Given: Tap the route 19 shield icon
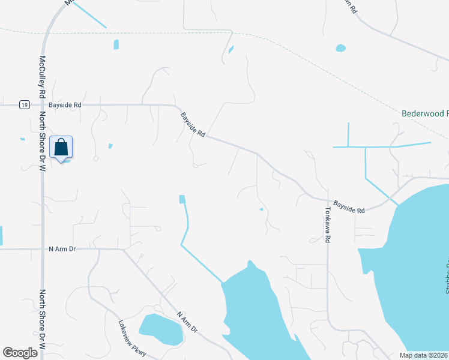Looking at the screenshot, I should click(23, 105).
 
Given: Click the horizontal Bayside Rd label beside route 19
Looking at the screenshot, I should click(65, 105).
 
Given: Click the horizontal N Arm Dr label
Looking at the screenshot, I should click(63, 248).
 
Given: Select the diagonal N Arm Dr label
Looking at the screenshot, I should click(187, 322).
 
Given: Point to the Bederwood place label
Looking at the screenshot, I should click(424, 113).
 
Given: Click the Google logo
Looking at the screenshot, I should click(20, 352).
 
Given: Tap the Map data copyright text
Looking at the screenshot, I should click(424, 355).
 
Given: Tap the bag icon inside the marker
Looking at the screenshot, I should click(61, 146).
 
